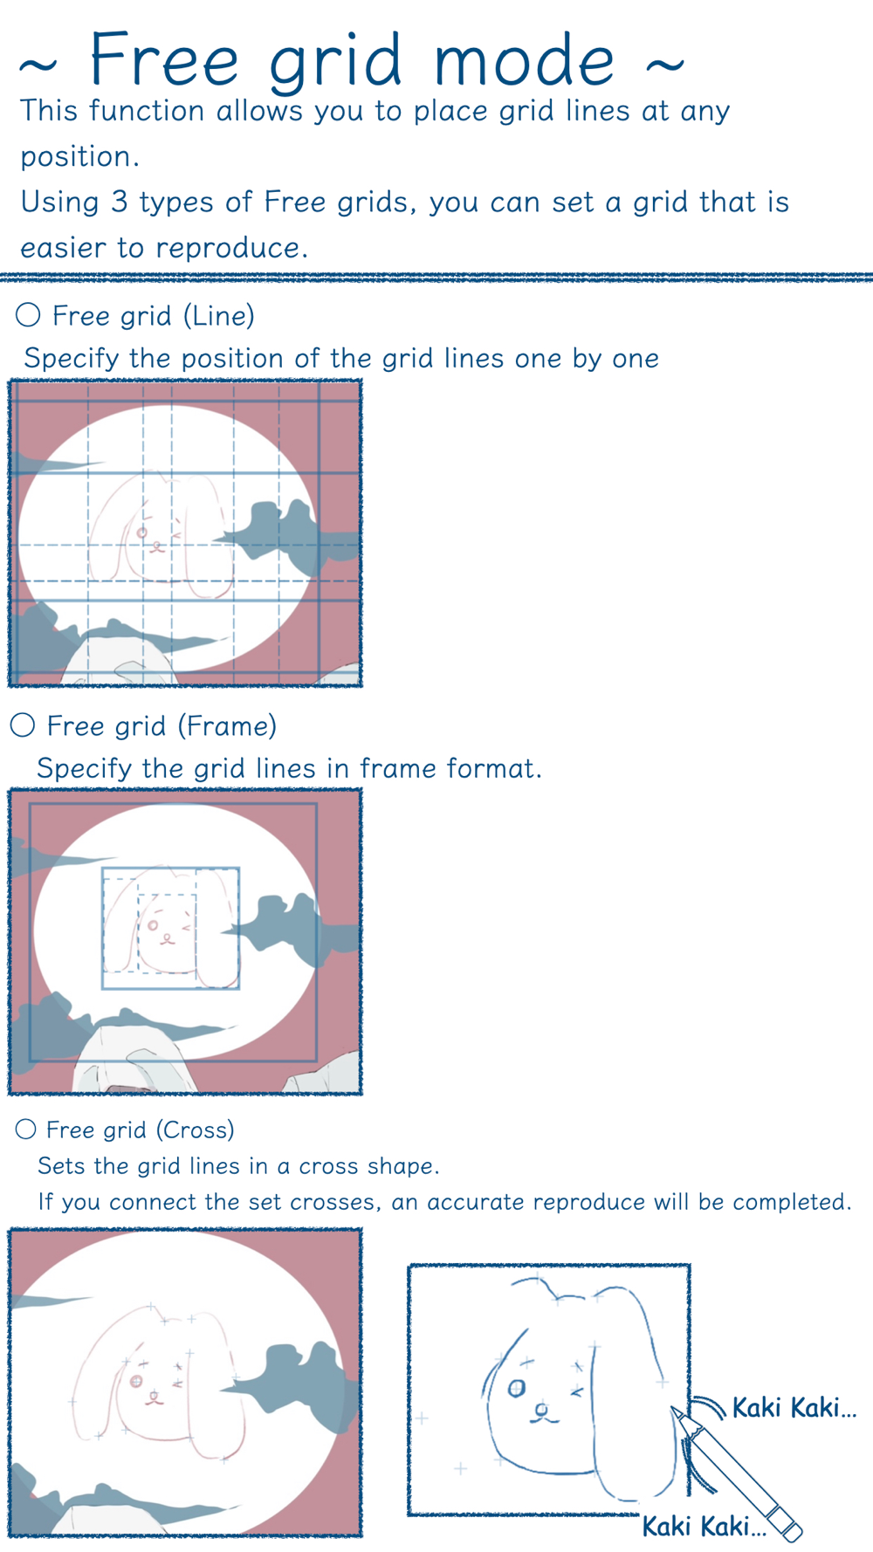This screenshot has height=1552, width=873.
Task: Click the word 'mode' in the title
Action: coord(524,60)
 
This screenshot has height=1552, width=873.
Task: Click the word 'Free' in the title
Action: coord(164,58)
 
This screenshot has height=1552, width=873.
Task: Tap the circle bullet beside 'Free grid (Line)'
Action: coord(28,314)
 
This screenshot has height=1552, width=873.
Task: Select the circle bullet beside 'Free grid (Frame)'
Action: coord(23,724)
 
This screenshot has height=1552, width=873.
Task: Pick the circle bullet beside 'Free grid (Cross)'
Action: coord(26,1130)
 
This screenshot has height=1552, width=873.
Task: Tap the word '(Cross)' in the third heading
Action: coord(196,1130)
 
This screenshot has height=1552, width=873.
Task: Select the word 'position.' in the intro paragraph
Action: coord(80,158)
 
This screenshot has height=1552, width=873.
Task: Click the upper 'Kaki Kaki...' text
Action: coord(794,1407)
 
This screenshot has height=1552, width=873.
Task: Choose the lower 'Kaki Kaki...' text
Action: coord(704,1526)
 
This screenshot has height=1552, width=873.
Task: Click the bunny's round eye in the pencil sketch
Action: coord(517,1388)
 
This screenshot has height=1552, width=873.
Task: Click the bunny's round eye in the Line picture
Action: coord(142,532)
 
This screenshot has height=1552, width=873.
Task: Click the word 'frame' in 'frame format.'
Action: coord(398,768)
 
